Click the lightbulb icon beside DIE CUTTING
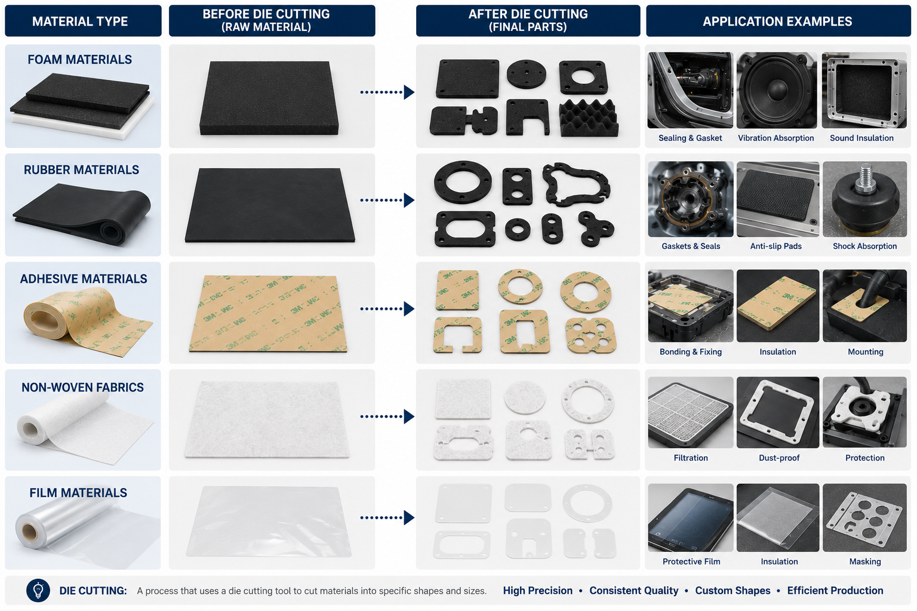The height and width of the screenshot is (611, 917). (x=38, y=591)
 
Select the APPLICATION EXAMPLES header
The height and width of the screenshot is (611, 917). (x=778, y=21)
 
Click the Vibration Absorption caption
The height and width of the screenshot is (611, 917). (x=776, y=138)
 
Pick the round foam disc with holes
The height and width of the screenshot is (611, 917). (x=527, y=75)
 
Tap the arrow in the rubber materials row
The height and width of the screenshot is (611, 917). (x=387, y=200)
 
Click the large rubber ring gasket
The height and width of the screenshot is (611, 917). (x=463, y=183)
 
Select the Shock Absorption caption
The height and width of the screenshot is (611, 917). (x=864, y=246)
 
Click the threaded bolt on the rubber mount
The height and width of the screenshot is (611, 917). (x=864, y=178)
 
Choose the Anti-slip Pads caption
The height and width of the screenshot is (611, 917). (x=776, y=246)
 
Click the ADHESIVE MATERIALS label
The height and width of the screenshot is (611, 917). (x=84, y=279)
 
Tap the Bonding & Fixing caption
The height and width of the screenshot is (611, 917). (x=691, y=351)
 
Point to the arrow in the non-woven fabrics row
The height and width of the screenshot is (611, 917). (x=387, y=416)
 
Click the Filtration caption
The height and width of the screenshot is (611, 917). (x=691, y=458)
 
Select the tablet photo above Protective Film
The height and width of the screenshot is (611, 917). (x=691, y=518)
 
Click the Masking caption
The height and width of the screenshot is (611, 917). (x=865, y=561)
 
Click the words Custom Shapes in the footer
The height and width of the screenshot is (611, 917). (x=733, y=591)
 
